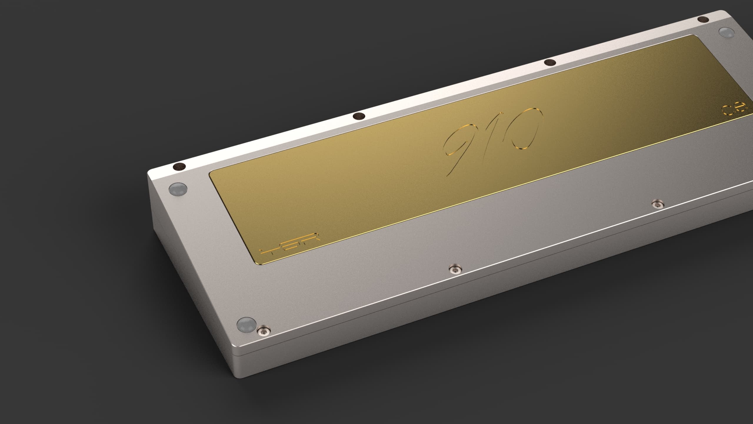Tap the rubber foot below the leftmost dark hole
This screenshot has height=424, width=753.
178,189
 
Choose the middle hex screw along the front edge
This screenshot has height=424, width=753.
455,268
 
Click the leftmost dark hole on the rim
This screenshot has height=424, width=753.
179,167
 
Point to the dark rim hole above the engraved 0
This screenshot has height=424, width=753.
549,63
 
